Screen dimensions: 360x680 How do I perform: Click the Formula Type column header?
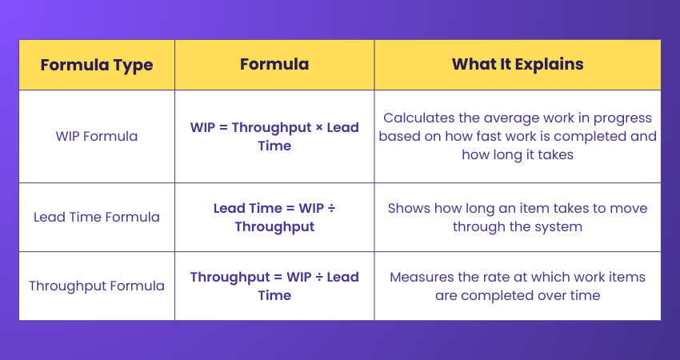(96, 65)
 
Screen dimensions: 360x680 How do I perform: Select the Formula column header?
(274, 65)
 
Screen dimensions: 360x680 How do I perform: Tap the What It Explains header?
(518, 65)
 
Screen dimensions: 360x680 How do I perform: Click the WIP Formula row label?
(96, 136)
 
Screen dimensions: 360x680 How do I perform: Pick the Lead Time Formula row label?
(96, 217)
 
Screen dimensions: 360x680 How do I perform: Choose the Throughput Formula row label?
(96, 286)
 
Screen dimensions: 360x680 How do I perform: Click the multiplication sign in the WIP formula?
(316, 127)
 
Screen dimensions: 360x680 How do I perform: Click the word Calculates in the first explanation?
(418, 118)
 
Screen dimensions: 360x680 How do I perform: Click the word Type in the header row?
(133, 65)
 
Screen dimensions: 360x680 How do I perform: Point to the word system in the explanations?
(559, 226)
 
